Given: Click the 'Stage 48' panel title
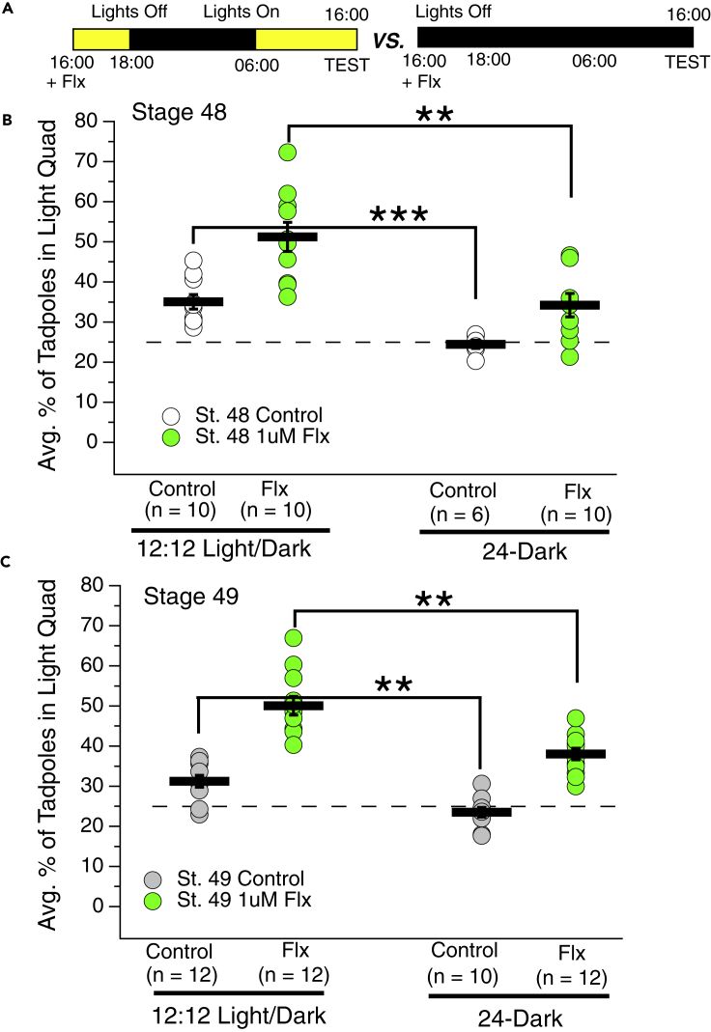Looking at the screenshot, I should (179, 111).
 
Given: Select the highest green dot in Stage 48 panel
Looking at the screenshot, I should (288, 152).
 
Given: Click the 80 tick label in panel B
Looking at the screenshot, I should (90, 122).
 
